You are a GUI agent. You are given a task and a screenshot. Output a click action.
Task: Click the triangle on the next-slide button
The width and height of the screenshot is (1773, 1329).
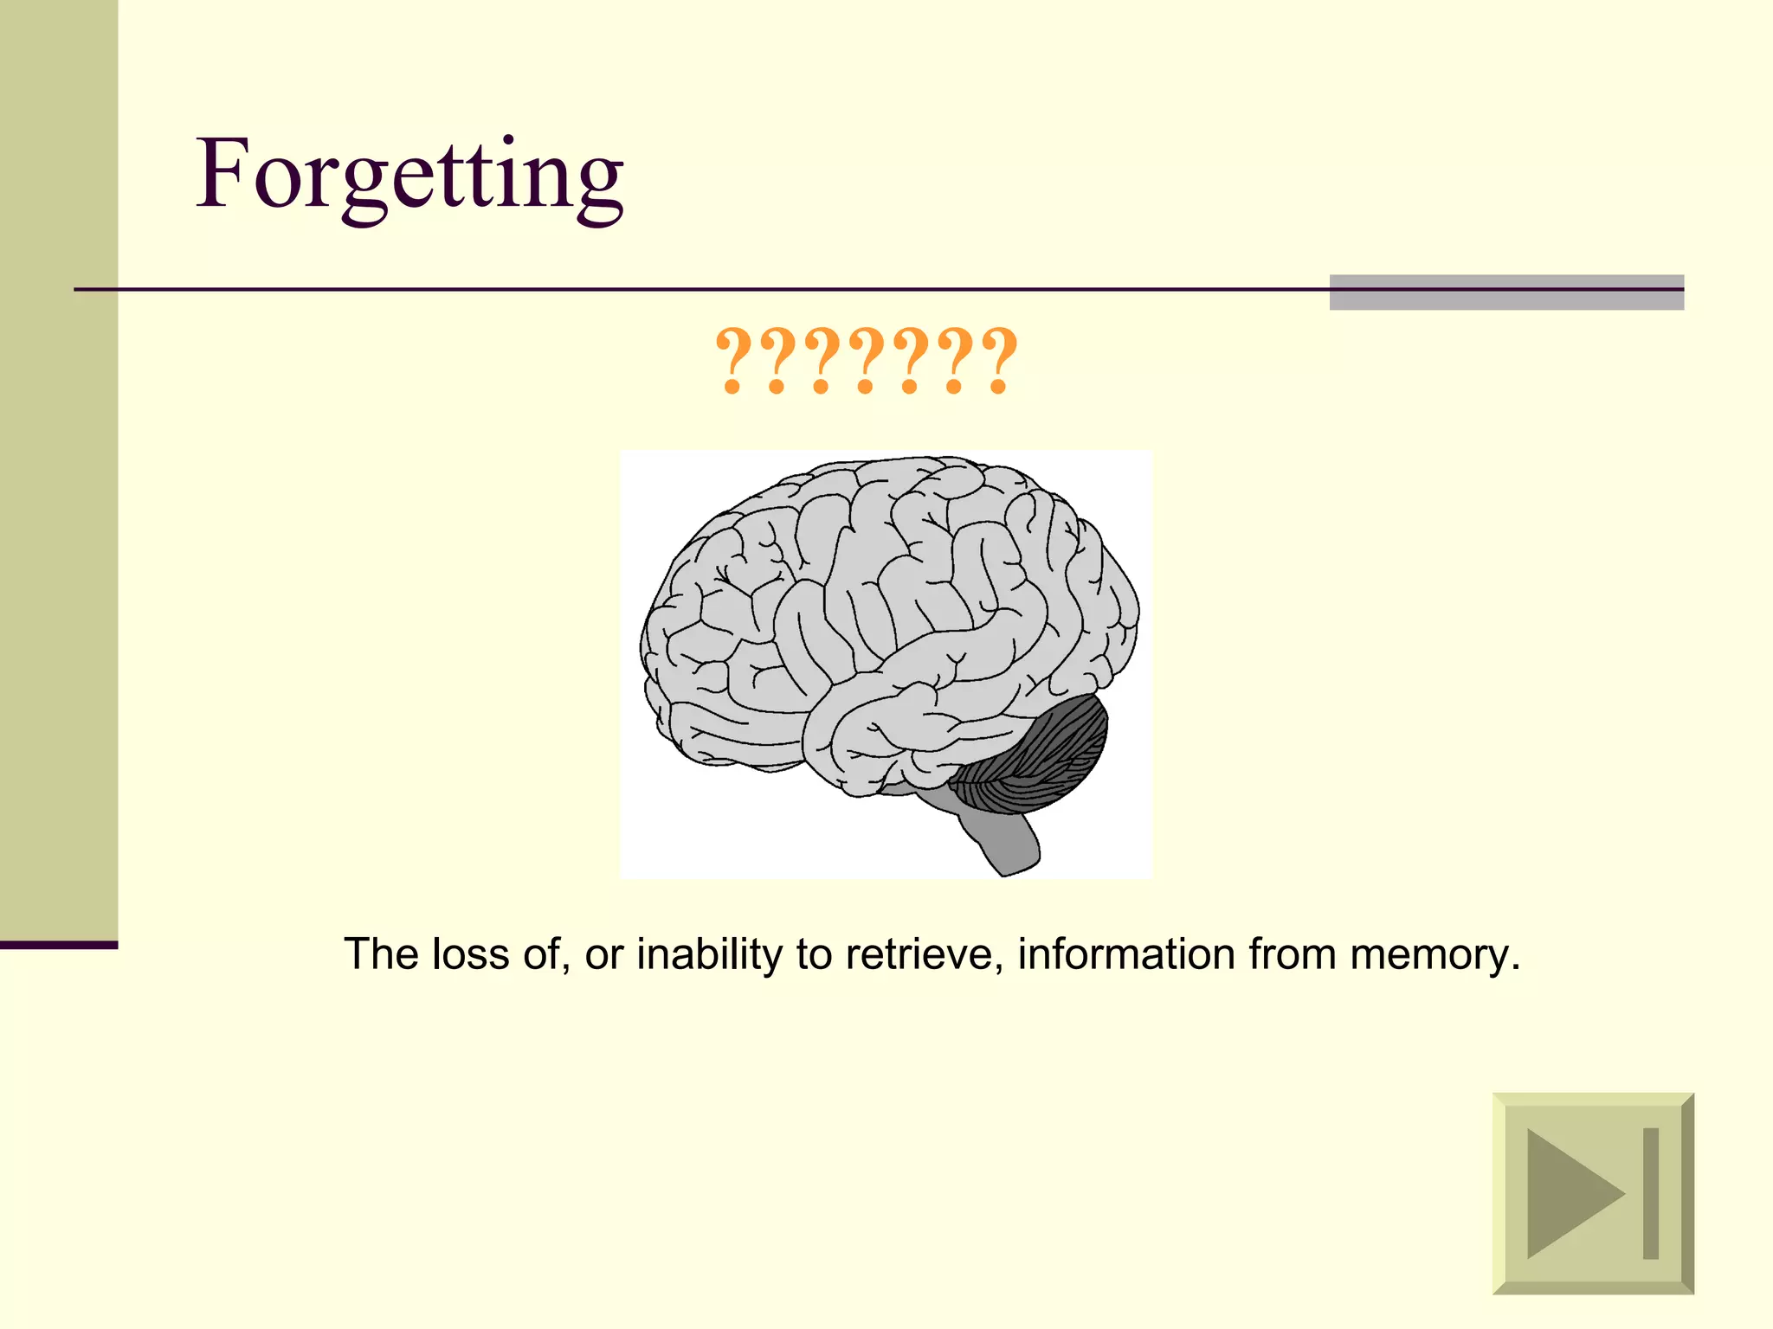tap(1569, 1193)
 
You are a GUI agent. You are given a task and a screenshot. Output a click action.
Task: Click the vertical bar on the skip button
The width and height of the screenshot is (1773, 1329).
tap(1651, 1193)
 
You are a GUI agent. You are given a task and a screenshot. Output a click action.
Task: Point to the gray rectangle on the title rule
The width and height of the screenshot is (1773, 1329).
tap(1506, 292)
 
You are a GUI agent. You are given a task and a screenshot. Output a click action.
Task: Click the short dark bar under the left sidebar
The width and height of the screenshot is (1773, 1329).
tap(58, 945)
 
